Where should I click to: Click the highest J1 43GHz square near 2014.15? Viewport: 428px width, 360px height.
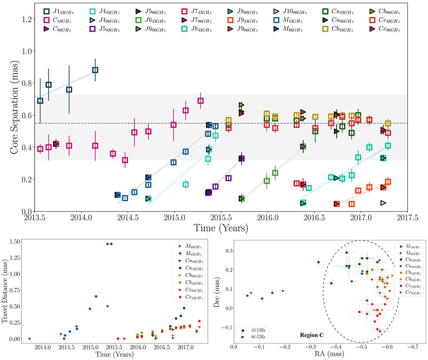[x=95, y=70]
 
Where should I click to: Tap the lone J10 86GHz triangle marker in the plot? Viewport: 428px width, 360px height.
[x=383, y=203]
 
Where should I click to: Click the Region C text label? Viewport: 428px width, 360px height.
[x=311, y=336]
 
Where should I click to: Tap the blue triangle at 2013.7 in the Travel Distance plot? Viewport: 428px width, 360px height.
[x=30, y=338]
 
